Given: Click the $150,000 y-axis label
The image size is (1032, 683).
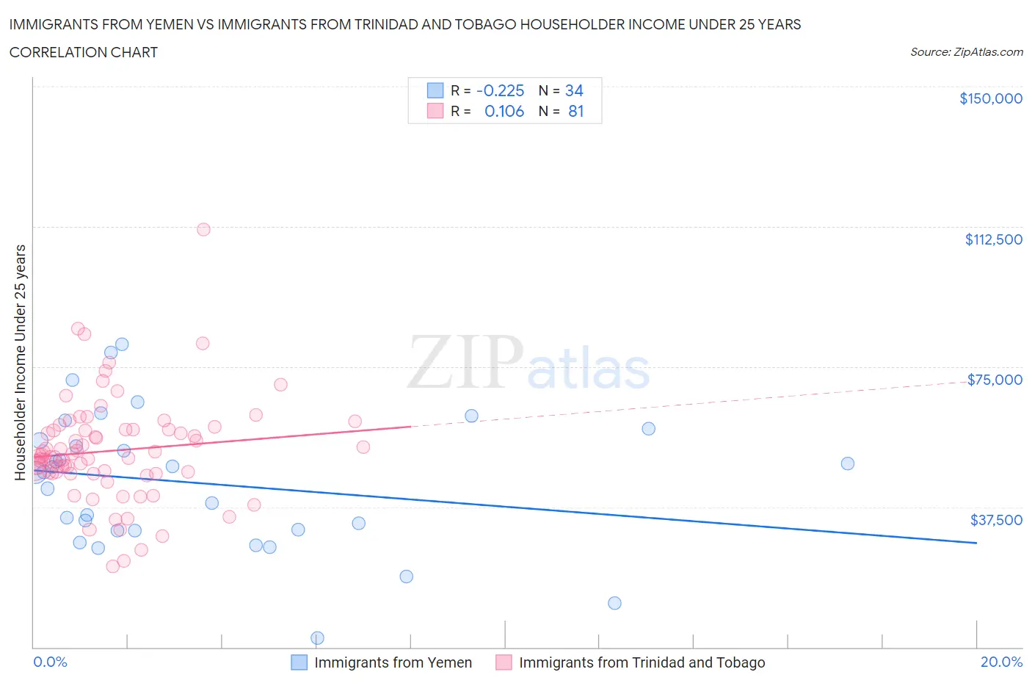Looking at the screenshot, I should coord(990,98).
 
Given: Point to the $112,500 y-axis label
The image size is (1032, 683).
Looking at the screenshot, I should coord(993,239).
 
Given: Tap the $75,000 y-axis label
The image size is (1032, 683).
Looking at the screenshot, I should coord(995,380).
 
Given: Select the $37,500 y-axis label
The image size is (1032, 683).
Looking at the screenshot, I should coord(995,520).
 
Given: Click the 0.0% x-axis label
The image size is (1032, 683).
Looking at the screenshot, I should coord(50,662).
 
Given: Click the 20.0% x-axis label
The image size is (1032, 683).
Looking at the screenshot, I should coord(1001,662).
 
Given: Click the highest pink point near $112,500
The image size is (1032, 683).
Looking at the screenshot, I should coord(203,230).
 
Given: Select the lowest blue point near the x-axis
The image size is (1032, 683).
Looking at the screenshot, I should coord(317,637).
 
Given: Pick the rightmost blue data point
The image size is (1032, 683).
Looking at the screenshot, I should coord(847,463).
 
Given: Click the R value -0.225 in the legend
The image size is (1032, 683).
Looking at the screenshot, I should coord(500,90).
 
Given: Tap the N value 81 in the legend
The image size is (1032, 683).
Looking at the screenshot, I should coord(575,112).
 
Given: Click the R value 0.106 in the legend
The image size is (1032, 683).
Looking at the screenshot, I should coord(504,112).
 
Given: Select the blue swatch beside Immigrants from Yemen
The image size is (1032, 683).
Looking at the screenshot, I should coord(299,662).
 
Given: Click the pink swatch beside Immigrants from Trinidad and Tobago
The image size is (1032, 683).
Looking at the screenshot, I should coord(504,662).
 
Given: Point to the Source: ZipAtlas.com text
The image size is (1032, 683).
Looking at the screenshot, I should coord(966,52).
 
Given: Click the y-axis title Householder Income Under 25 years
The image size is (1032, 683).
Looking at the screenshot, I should coord(21,362).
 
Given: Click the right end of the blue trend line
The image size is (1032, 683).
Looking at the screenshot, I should coord(976,543).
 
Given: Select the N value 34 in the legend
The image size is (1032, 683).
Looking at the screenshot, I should coord(574,90).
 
